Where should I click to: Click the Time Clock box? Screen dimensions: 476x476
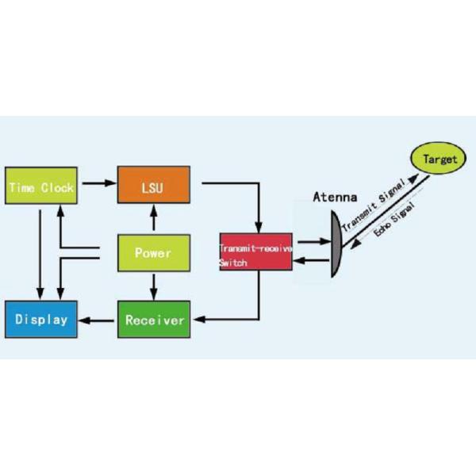[x=40, y=187]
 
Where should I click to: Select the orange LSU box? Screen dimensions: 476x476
[x=152, y=187]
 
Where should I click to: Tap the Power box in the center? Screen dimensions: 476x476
[x=152, y=253]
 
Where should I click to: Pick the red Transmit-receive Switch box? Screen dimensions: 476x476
[x=256, y=253]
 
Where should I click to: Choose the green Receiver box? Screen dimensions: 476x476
[x=155, y=321]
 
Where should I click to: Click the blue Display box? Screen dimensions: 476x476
[x=40, y=321]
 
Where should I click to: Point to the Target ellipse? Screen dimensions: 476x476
[x=440, y=159]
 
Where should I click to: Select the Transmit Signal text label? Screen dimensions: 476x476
[x=373, y=204]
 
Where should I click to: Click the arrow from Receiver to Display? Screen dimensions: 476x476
[x=98, y=321]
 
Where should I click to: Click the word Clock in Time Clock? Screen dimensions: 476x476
[x=59, y=187]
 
